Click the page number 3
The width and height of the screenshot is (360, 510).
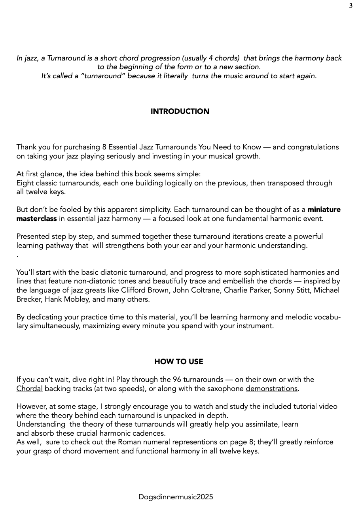pyautogui.click(x=351, y=6)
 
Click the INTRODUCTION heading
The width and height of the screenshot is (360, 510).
pyautogui.click(x=180, y=111)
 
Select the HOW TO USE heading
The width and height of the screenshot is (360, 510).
pyautogui.click(x=178, y=362)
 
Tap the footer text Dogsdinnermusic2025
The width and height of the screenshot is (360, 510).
pyautogui.click(x=176, y=497)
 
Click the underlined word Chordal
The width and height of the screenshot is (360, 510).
pyautogui.click(x=29, y=389)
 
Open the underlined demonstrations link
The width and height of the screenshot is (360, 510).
pyautogui.click(x=271, y=389)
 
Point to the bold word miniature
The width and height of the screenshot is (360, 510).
pyautogui.click(x=324, y=210)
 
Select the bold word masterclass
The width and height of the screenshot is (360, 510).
pyautogui.click(x=36, y=219)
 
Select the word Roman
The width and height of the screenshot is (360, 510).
pyautogui.click(x=129, y=442)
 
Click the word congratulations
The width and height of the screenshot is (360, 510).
pyautogui.click(x=313, y=147)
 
